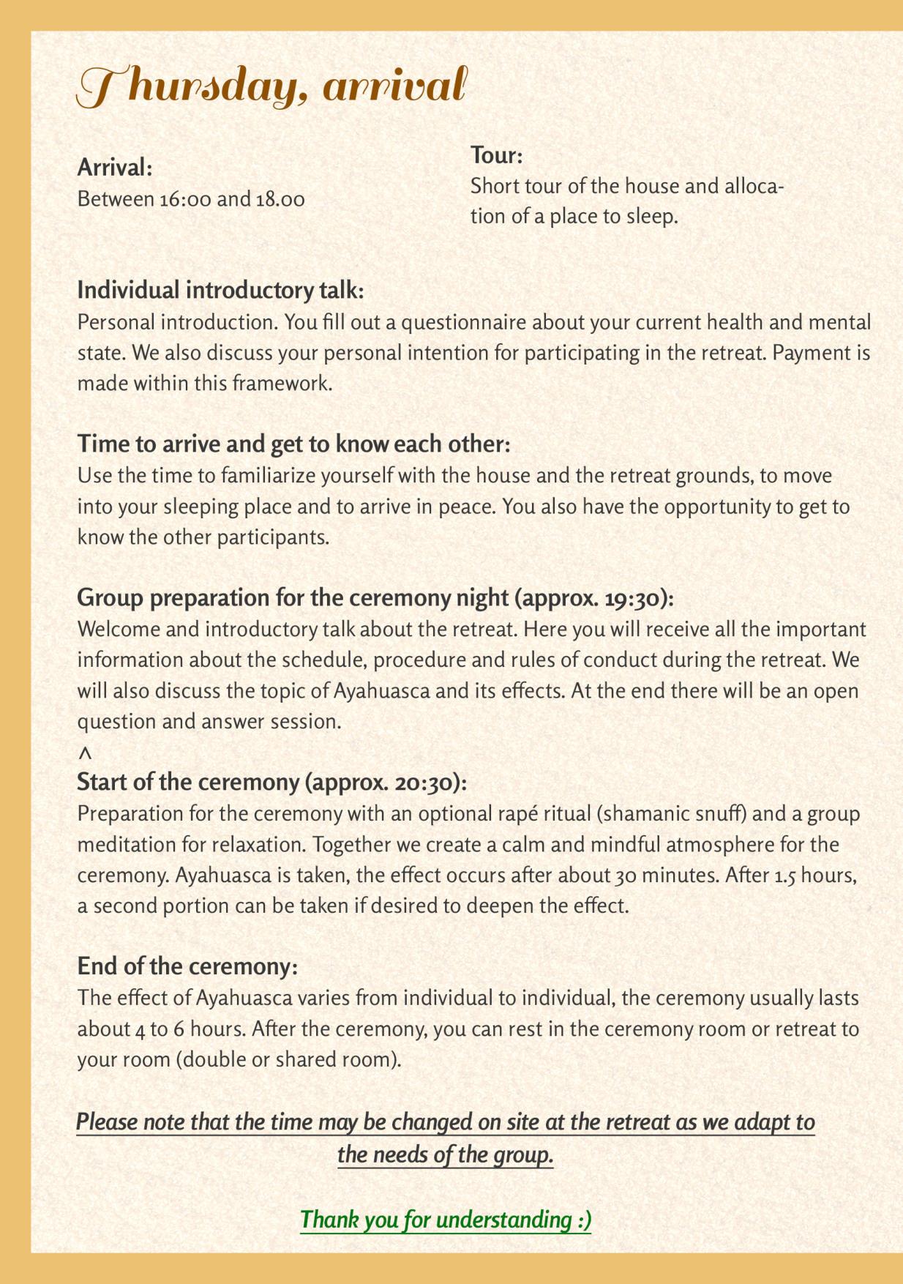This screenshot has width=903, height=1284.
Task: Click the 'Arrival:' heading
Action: pos(115,168)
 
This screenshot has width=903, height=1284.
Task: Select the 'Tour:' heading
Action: pos(496,155)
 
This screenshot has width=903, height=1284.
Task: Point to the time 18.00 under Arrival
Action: pos(280,199)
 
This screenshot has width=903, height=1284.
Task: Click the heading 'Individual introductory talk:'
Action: pos(220,291)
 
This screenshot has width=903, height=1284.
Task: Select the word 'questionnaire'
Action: pos(462,322)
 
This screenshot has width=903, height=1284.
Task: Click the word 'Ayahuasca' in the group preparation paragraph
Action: pos(381,691)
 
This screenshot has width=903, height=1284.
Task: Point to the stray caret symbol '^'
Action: pos(85,753)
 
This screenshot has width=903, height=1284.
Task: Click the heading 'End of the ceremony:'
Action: pos(187,967)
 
